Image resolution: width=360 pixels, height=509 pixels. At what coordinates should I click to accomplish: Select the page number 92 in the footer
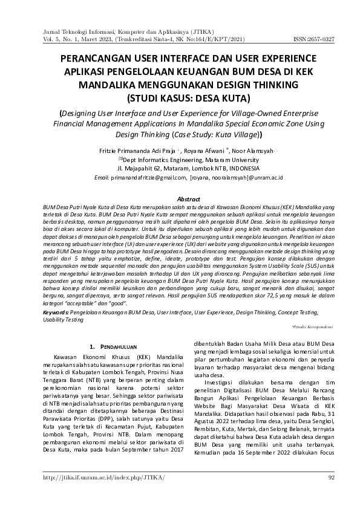point(331,478)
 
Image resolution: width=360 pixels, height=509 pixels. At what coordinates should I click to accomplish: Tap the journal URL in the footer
point(95,478)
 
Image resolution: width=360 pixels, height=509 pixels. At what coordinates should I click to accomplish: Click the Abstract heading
point(188,198)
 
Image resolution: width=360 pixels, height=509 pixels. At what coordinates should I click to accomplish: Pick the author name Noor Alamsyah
point(246,149)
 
